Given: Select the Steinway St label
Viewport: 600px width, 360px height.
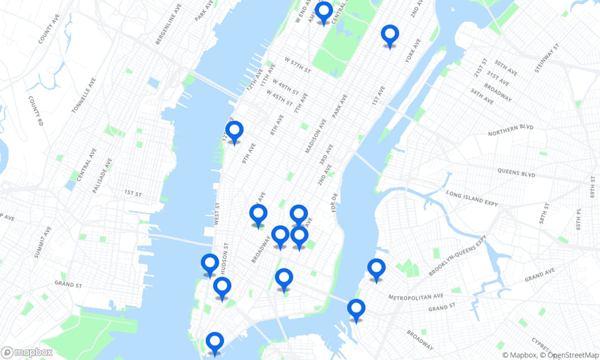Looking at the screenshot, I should coord(548,58).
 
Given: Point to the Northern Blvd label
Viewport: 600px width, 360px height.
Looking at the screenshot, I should coord(510,130).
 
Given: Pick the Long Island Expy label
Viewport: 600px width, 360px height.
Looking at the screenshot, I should coord(472,198).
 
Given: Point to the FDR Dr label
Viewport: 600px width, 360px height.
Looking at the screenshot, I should coord(334,203).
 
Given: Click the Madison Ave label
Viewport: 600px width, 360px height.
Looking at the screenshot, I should coord(315,135).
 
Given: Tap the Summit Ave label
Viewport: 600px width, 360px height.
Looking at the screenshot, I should coord(43,242).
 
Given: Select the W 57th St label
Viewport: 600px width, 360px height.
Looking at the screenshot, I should coord(297,66).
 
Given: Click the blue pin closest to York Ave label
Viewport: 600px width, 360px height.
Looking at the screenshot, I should coord(390,35).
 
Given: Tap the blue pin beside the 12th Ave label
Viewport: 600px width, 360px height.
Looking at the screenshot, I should coord(234,131).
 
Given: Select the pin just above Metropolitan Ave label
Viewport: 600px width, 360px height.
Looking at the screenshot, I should coord(376,269).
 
